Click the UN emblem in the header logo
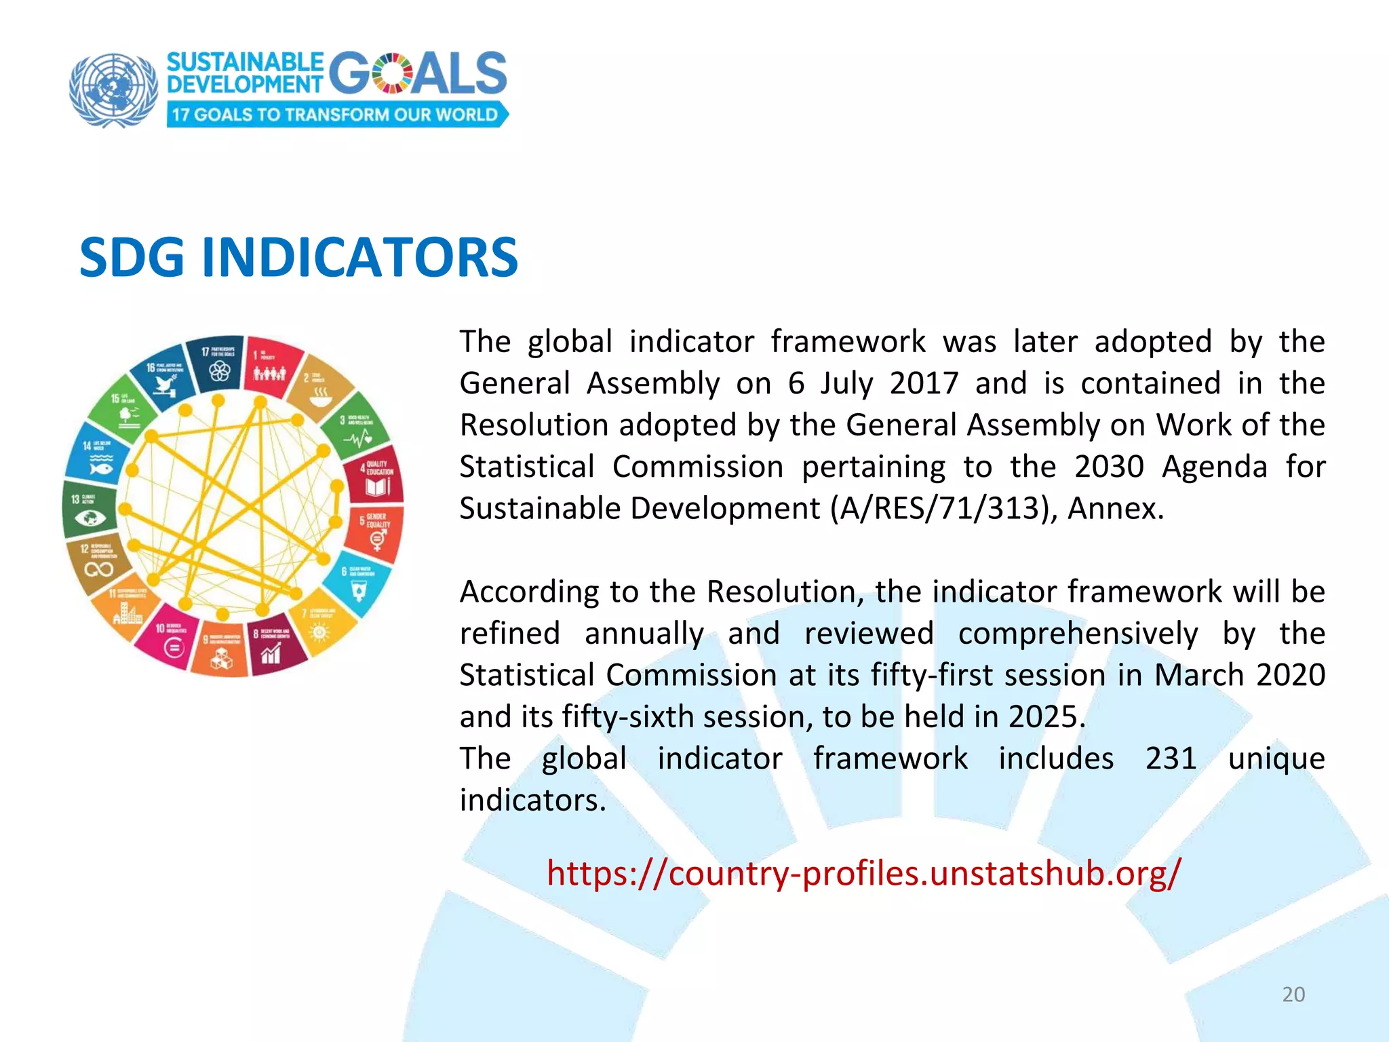coord(113,90)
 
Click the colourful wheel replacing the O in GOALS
coord(392,73)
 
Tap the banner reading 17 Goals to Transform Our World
coord(336,114)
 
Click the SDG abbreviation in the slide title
coord(132,258)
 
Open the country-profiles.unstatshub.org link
coord(863,873)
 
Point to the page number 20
coord(1293,995)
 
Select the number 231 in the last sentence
coord(1171,758)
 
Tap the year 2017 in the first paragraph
coord(924,383)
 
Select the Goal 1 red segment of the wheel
coord(271,366)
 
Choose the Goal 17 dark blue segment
coord(218,364)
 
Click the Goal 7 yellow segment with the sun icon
coord(321,624)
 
